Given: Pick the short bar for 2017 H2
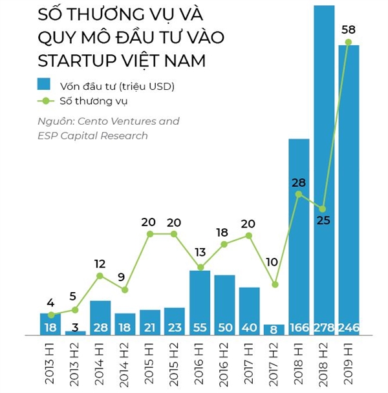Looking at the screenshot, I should tap(274, 330).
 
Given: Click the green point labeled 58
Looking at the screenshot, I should tap(349, 43).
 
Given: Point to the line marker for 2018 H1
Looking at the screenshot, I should tap(299, 194).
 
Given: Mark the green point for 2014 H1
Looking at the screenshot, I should tap(100, 276).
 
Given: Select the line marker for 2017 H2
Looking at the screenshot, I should tap(274, 284).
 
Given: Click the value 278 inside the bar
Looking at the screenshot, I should tap(323, 328).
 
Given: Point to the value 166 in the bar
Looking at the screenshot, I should tap(299, 328).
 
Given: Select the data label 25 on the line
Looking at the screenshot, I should tap(323, 220).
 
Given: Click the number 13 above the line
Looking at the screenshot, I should tap(200, 252).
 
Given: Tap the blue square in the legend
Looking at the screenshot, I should tap(44, 84).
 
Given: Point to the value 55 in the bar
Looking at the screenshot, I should tap(200, 328).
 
